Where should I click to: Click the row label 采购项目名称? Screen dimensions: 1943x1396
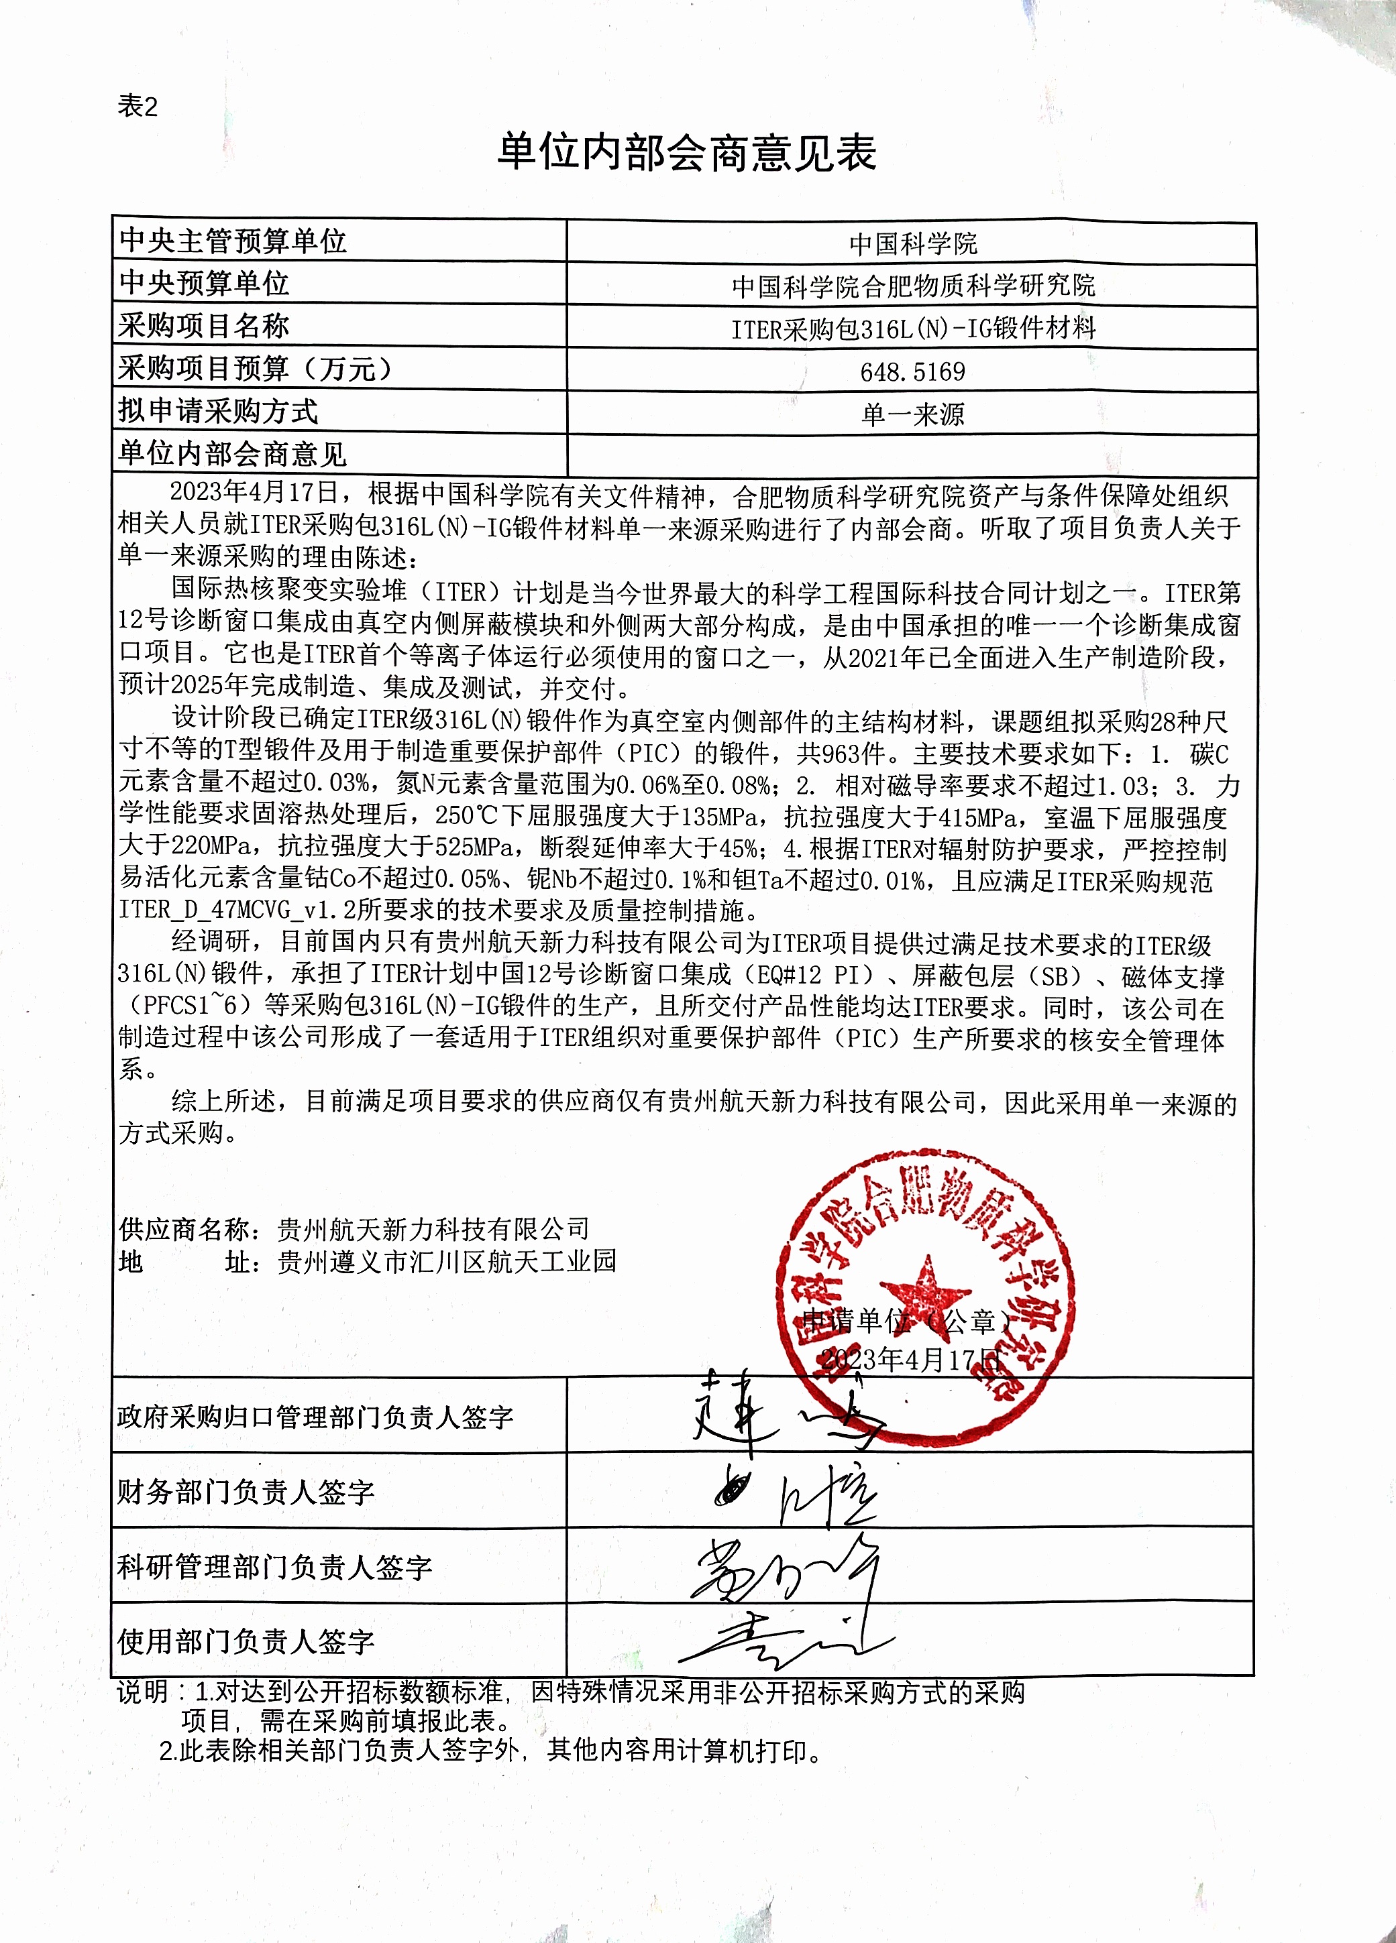(x=204, y=327)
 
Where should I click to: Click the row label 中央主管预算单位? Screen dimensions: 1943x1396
(x=233, y=241)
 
